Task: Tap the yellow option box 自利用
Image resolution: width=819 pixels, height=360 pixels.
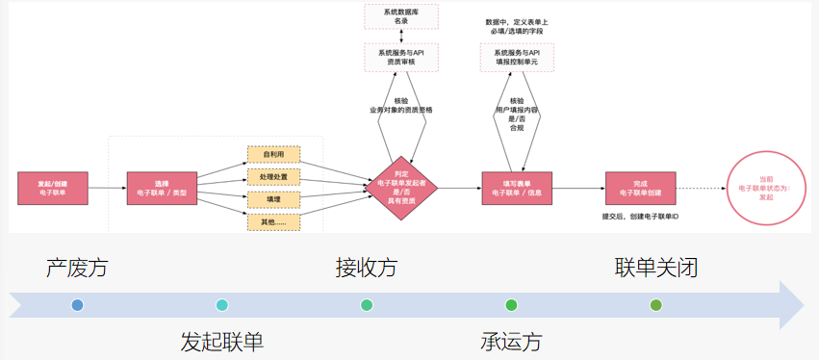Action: (x=273, y=154)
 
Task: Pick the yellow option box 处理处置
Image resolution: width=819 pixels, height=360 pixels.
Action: (x=273, y=177)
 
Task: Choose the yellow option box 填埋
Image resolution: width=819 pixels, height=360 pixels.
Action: (x=273, y=199)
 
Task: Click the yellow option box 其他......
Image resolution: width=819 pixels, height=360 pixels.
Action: (x=273, y=222)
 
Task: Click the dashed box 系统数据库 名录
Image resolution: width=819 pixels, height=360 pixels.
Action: (x=400, y=15)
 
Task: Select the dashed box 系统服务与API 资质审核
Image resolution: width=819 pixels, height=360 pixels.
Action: (x=400, y=57)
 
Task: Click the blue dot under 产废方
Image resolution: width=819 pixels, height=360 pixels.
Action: (x=77, y=305)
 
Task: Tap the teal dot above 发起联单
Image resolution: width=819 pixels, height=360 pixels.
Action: (x=222, y=305)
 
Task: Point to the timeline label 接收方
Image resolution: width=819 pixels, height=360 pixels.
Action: (x=366, y=267)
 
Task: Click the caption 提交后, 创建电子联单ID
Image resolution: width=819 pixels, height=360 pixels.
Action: (x=640, y=217)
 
